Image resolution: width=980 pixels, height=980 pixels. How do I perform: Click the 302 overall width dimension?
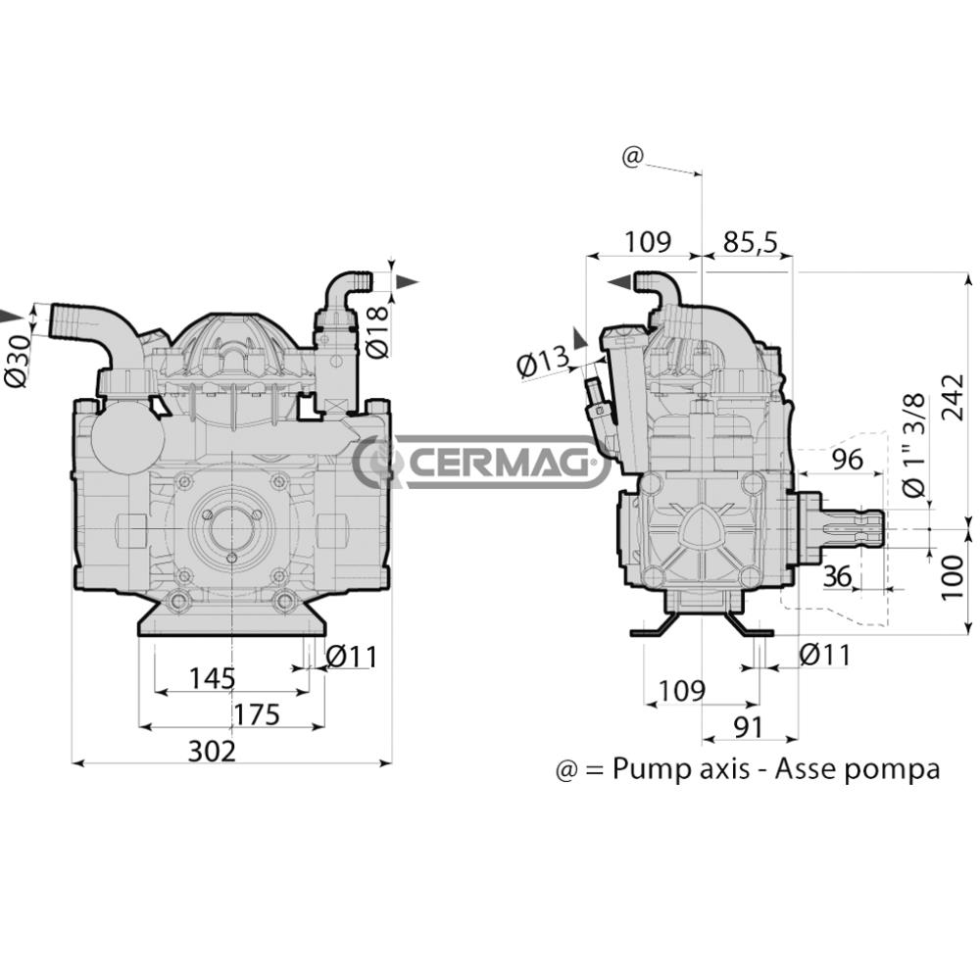(213, 751)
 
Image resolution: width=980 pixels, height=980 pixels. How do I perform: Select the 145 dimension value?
(213, 678)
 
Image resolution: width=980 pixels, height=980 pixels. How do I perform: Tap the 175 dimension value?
(256, 714)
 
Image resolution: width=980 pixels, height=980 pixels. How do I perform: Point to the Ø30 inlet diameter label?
(19, 361)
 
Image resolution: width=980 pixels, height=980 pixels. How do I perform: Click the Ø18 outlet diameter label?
(378, 332)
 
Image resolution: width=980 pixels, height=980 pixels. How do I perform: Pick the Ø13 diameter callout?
(544, 362)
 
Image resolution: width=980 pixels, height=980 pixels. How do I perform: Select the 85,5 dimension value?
(751, 241)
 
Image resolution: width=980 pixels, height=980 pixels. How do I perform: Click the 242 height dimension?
(954, 398)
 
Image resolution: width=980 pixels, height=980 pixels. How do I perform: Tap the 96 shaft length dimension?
(848, 460)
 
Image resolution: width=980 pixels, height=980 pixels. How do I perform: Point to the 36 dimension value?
(838, 576)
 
